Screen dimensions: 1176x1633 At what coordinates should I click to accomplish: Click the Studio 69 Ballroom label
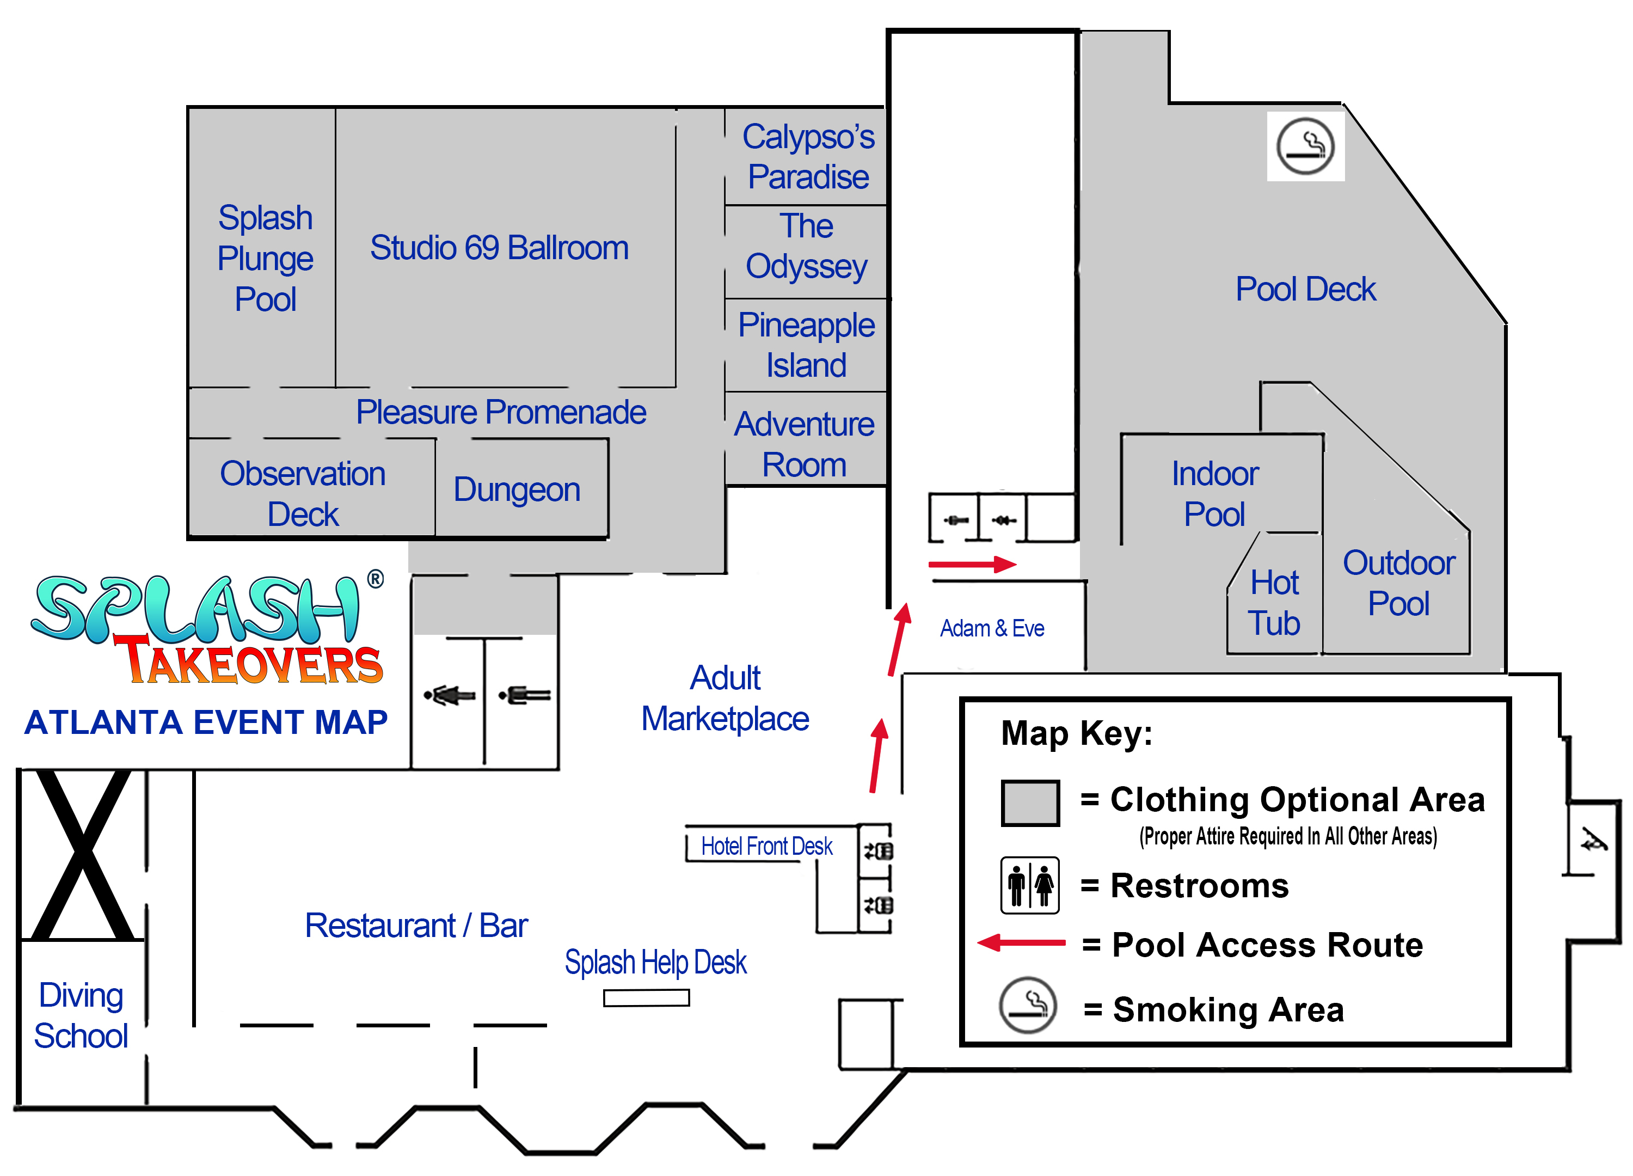click(499, 248)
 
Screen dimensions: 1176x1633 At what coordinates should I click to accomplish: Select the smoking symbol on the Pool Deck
click(1305, 146)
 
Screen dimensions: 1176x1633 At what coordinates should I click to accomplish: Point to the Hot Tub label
click(1274, 603)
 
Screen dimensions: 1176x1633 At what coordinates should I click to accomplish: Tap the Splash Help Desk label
click(655, 963)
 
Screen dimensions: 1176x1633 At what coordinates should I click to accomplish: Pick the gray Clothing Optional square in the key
click(1030, 803)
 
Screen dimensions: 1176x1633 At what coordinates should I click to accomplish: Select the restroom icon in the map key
click(1030, 885)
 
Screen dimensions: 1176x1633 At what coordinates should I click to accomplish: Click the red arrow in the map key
click(1021, 942)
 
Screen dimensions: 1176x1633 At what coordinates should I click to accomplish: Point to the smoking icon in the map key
click(1028, 1006)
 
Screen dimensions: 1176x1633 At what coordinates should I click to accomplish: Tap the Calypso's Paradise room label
click(808, 157)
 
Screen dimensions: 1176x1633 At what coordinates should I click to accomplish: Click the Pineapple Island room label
click(806, 345)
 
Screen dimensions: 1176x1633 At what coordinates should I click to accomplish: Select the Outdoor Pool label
click(1398, 583)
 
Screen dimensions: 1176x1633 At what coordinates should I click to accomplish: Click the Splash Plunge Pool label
click(265, 259)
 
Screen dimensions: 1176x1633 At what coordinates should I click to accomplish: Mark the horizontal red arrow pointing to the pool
click(972, 565)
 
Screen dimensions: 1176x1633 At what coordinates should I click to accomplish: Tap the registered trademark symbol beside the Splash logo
click(375, 579)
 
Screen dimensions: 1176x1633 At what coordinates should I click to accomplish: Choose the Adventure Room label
click(805, 444)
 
